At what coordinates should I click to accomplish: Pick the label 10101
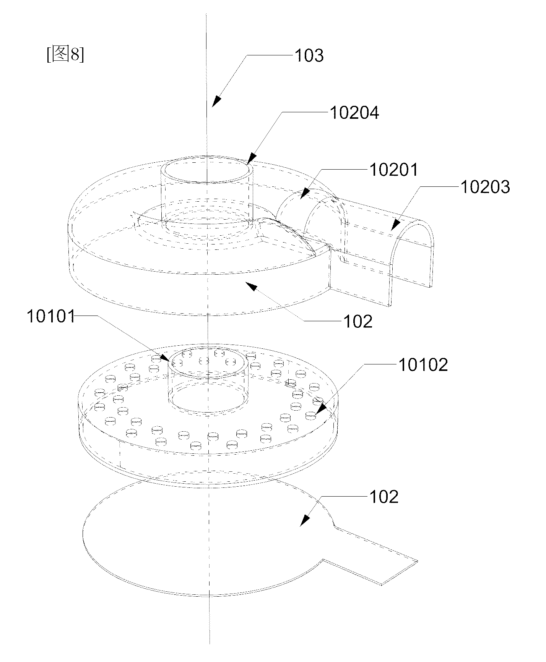coord(51,316)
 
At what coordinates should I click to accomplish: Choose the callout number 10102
coord(423,365)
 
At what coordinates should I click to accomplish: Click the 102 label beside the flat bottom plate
coord(383,497)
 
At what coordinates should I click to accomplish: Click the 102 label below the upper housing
coord(357,322)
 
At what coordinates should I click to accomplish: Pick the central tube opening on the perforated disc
coord(208,363)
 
